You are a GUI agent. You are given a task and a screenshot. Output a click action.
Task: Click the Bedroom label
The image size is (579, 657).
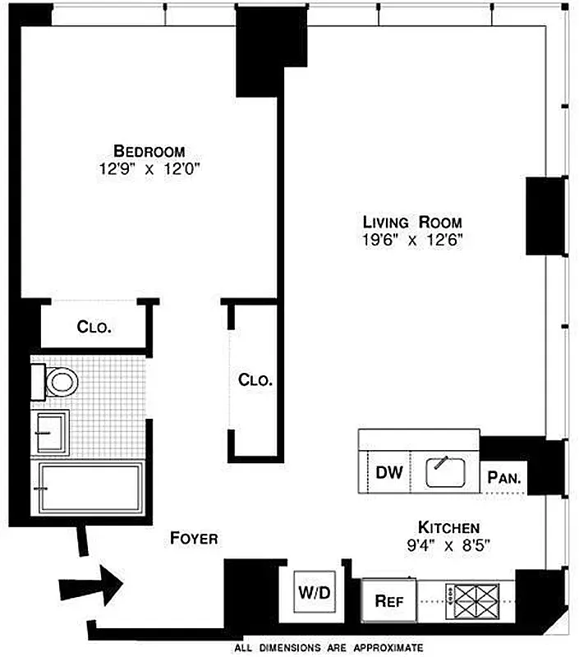coord(149,151)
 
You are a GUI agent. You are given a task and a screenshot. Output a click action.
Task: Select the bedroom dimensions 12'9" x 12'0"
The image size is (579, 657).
coord(149,169)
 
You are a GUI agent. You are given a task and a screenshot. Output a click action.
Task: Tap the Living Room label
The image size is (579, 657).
coord(412,222)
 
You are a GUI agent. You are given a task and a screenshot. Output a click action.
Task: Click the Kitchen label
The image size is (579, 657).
coord(448,527)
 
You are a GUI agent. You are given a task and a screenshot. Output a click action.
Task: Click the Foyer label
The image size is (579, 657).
coord(194,539)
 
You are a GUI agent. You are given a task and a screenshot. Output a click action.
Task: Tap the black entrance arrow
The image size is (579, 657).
coord(90,585)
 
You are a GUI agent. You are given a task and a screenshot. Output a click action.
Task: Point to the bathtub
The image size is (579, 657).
coord(89,487)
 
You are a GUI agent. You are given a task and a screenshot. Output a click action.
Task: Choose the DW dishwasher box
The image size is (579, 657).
coord(388,473)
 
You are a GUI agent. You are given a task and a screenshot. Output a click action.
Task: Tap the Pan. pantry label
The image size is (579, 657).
coord(506,476)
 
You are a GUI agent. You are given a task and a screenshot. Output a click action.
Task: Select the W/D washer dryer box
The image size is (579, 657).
coord(312,592)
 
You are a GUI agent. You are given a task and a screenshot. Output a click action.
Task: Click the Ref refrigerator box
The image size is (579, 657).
coord(389,600)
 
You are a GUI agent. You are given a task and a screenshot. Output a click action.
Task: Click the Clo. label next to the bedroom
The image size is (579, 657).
coord(94,327)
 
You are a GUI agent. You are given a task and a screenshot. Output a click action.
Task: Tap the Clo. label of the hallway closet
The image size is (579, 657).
coord(255,380)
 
